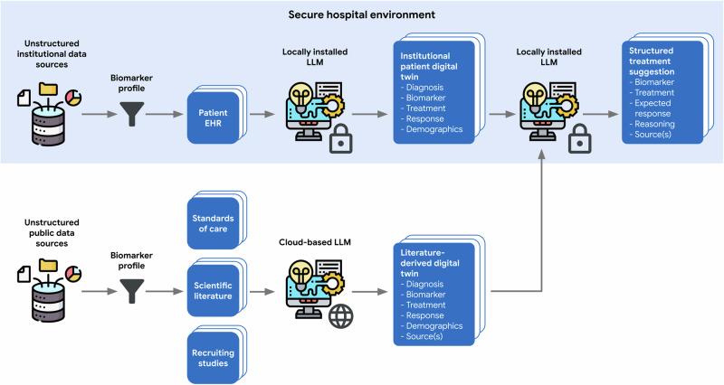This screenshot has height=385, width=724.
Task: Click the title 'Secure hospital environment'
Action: click(x=362, y=15)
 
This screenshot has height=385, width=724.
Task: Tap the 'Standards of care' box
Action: click(x=214, y=222)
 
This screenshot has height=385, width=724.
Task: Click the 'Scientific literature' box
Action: click(x=214, y=288)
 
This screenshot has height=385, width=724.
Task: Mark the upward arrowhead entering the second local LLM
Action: click(x=540, y=155)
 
